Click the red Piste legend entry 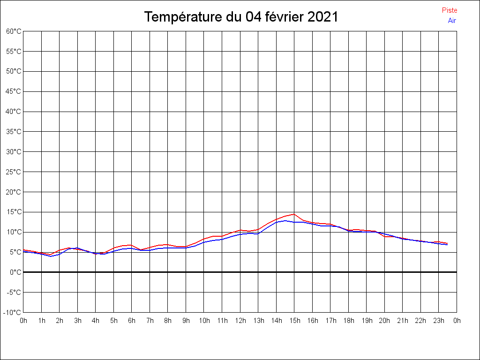click(x=449, y=10)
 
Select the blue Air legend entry click(x=451, y=20)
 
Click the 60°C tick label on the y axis click(x=14, y=31)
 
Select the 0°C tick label click(x=15, y=272)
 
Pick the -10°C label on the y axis click(x=13, y=312)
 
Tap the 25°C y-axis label click(x=14, y=172)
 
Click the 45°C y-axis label click(x=14, y=91)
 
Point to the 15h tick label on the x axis click(x=294, y=321)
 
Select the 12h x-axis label click(x=240, y=321)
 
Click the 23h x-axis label click(x=439, y=321)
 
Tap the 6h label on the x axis click(x=132, y=321)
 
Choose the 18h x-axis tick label click(x=349, y=321)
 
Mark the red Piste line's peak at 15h click(x=294, y=214)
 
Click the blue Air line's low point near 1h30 click(x=51, y=256)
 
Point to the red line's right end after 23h click(x=448, y=243)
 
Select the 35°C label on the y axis click(x=14, y=132)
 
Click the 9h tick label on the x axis click(x=186, y=321)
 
